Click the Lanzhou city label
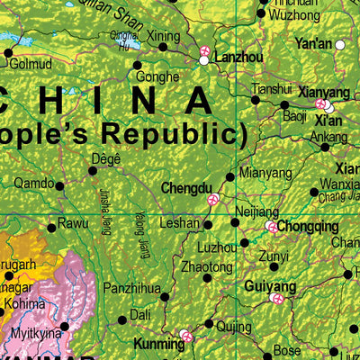(x=238, y=57)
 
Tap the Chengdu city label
(x=185, y=188)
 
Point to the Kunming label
(x=157, y=343)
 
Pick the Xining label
(x=164, y=36)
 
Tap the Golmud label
(x=31, y=65)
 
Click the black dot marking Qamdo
(x=60, y=186)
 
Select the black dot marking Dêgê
(x=92, y=169)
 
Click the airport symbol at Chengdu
(x=213, y=199)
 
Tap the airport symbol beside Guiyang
(x=278, y=298)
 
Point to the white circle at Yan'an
(x=341, y=44)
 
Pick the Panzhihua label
(x=131, y=289)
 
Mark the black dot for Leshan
(x=208, y=225)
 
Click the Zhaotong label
(x=207, y=267)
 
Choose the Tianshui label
(x=272, y=89)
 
